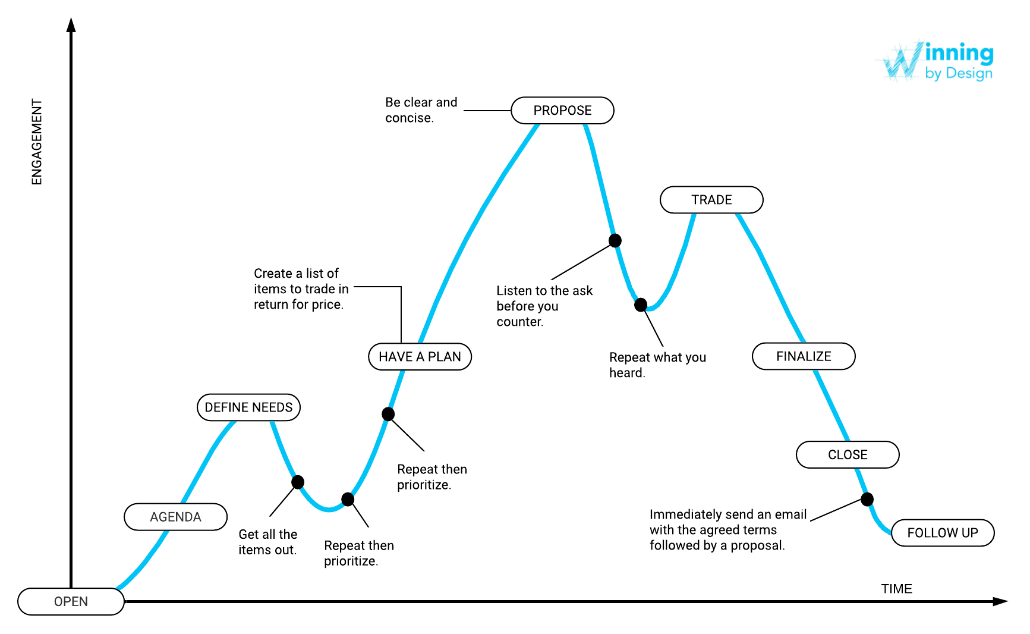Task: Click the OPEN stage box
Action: pyautogui.click(x=71, y=601)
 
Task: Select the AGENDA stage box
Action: pyautogui.click(x=175, y=517)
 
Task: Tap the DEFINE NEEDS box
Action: pyautogui.click(x=248, y=407)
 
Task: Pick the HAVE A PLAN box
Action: pyautogui.click(x=420, y=357)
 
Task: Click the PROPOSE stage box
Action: pyautogui.click(x=562, y=111)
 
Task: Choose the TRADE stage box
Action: pyautogui.click(x=711, y=200)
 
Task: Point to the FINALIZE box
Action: pyautogui.click(x=804, y=356)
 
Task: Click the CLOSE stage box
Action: pyautogui.click(x=848, y=455)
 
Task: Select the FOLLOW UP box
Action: pyautogui.click(x=943, y=533)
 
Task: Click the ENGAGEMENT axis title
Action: pyautogui.click(x=37, y=142)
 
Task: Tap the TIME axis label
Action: pyautogui.click(x=896, y=589)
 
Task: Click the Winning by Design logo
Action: pyautogui.click(x=937, y=61)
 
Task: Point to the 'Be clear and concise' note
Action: pyautogui.click(x=421, y=110)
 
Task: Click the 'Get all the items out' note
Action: pyautogui.click(x=267, y=542)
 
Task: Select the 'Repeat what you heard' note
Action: pyautogui.click(x=657, y=365)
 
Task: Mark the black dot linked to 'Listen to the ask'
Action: pyautogui.click(x=615, y=240)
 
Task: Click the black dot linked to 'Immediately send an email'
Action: pyautogui.click(x=867, y=499)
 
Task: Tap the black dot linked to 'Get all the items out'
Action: pyautogui.click(x=298, y=482)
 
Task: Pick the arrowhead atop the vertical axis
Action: pyautogui.click(x=71, y=25)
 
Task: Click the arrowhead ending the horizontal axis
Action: pyautogui.click(x=1000, y=601)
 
